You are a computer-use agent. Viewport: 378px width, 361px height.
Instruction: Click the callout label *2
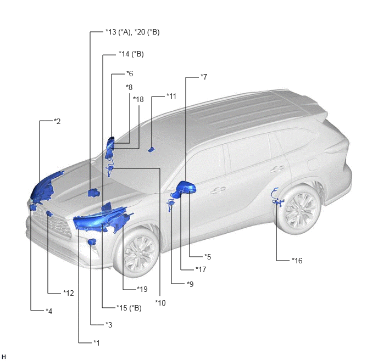tap(57, 121)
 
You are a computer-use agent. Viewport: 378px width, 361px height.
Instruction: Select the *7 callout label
tap(204, 77)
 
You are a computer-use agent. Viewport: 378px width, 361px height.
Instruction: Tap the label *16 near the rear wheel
tap(297, 261)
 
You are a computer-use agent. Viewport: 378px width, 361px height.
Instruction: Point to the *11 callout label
tap(171, 96)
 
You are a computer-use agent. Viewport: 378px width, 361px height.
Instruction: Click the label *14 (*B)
tap(131, 54)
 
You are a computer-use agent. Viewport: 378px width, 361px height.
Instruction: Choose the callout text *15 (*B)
tap(129, 308)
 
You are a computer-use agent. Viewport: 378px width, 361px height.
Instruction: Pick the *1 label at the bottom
tap(97, 342)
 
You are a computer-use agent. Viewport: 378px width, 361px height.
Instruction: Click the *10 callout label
tap(160, 303)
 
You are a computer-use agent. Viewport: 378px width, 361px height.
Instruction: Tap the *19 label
tap(142, 289)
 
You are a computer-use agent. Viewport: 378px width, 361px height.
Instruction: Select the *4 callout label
tap(49, 311)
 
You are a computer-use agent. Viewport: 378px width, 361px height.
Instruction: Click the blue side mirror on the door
tap(186, 188)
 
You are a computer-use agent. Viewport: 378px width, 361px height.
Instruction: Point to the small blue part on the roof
tap(151, 149)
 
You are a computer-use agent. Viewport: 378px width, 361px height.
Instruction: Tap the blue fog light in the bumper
tap(92, 241)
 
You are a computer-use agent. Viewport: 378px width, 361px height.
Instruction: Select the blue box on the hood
tap(94, 193)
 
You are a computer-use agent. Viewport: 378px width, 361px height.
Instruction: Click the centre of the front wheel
tap(140, 253)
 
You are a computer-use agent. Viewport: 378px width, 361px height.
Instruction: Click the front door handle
tap(218, 190)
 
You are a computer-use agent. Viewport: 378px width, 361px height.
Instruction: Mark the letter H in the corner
tap(3, 357)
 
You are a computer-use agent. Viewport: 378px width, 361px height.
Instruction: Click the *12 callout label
tap(69, 293)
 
